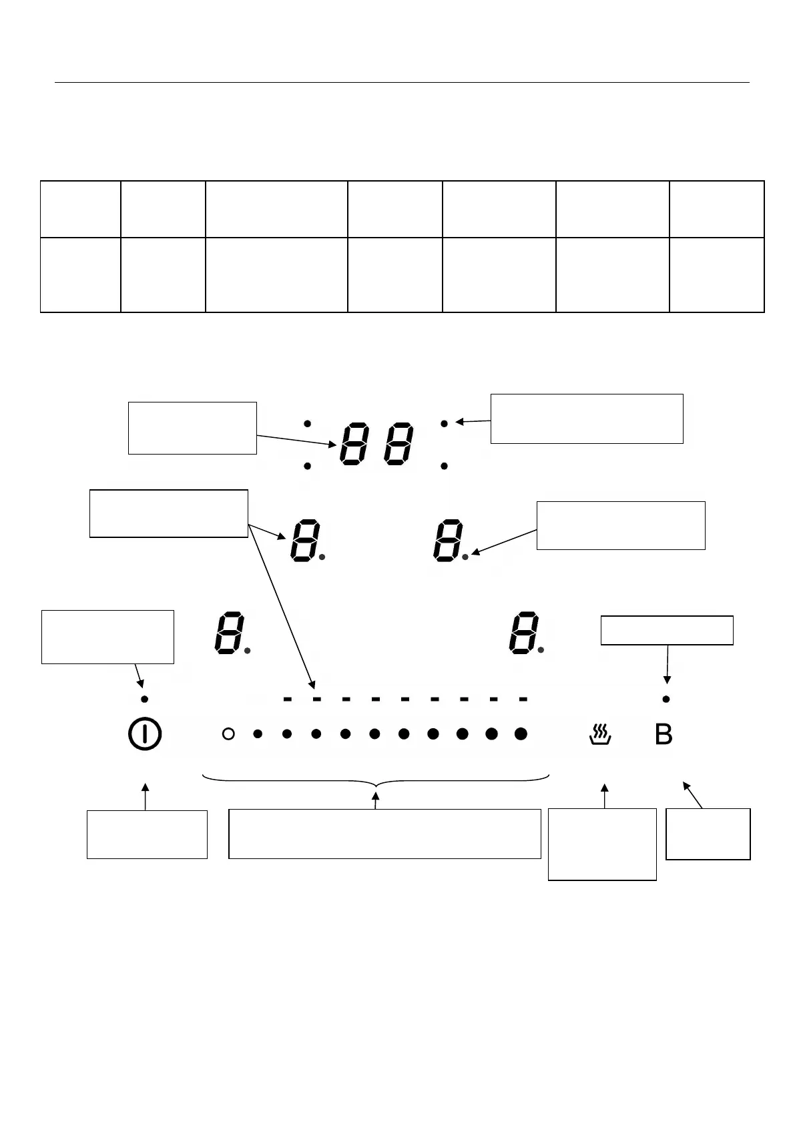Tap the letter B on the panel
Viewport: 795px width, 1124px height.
coord(664,735)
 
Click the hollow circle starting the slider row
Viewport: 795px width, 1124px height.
coord(228,734)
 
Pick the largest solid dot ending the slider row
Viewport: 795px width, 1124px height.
coord(521,734)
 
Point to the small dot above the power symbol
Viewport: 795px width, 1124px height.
coord(144,699)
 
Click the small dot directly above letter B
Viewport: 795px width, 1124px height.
coord(666,699)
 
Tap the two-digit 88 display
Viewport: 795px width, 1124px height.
coord(376,445)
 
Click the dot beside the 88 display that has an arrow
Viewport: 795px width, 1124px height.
coord(444,423)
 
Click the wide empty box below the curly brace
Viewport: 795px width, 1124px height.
coord(384,834)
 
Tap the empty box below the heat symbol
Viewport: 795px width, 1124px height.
coord(602,844)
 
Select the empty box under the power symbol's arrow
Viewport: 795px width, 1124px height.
coord(147,834)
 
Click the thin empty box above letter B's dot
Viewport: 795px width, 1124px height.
coord(667,630)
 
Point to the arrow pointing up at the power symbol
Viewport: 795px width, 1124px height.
coord(146,797)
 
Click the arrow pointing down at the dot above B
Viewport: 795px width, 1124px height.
coord(667,664)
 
